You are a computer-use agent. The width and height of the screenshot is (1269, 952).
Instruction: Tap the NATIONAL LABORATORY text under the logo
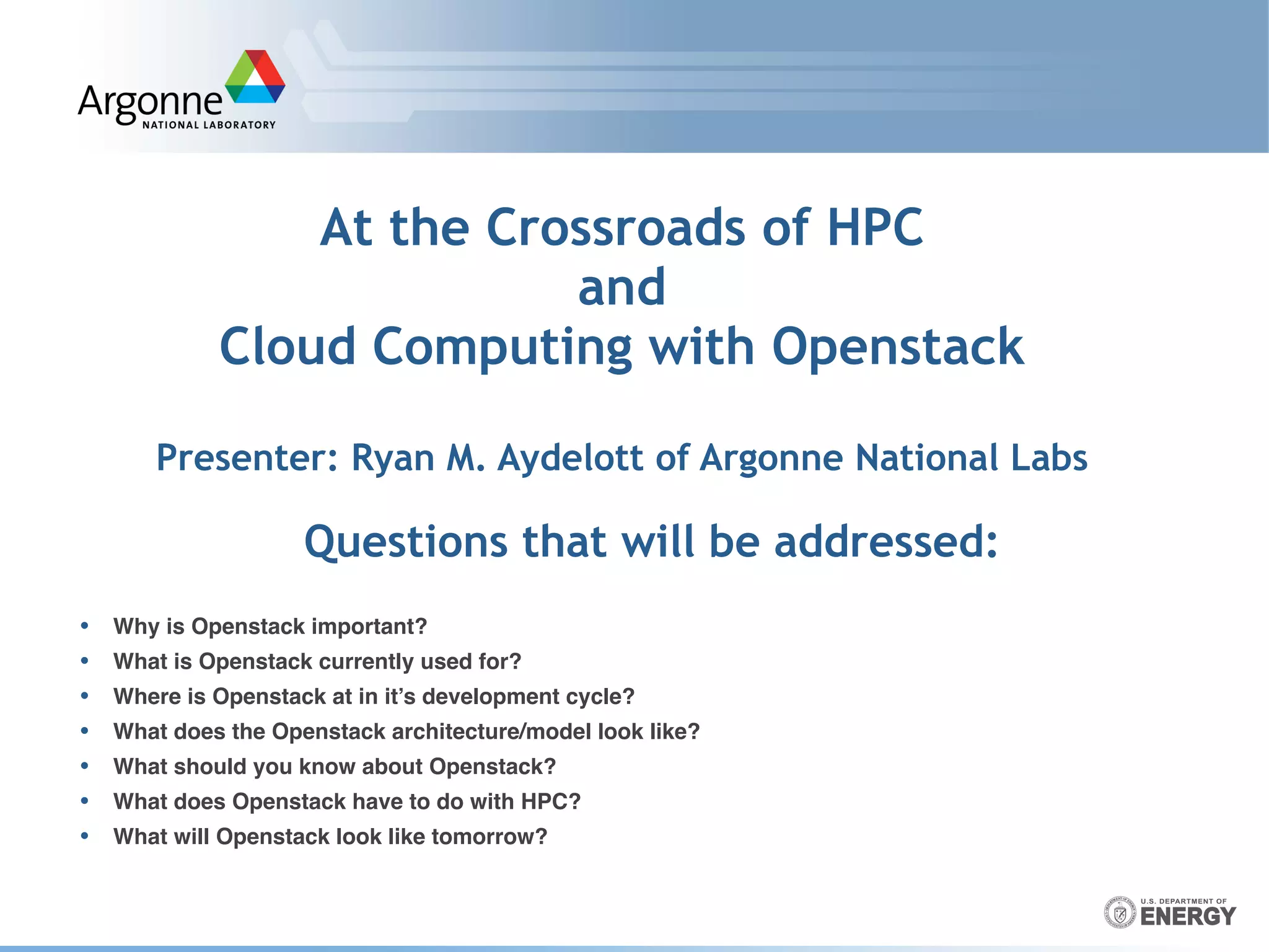(x=209, y=125)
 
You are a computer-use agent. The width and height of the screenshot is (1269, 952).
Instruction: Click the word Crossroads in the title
(x=616, y=227)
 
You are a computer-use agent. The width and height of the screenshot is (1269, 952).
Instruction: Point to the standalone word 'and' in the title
(x=621, y=287)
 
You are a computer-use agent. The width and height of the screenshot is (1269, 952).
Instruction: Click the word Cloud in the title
(x=288, y=346)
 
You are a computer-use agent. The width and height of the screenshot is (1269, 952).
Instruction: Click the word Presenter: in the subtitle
(x=247, y=458)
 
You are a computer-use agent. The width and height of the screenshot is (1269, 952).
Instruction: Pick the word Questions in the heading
(x=406, y=542)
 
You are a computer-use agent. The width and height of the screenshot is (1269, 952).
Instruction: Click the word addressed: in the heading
(x=886, y=542)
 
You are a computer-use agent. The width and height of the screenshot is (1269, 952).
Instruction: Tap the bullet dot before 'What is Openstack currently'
(x=84, y=661)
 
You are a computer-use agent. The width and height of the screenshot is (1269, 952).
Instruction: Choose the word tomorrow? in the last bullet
(x=489, y=837)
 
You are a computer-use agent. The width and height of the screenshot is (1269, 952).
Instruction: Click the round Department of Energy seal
(x=1120, y=912)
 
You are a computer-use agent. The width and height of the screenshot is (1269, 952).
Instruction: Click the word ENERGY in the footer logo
(x=1188, y=917)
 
